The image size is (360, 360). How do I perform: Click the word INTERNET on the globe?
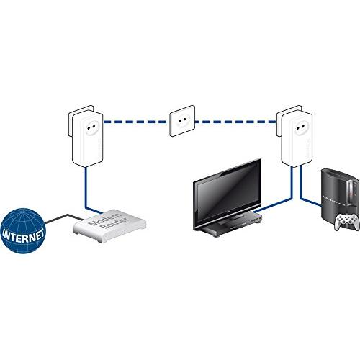click(23, 235)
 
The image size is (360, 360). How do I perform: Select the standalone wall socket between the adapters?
click(182, 121)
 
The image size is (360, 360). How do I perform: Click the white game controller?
click(347, 221)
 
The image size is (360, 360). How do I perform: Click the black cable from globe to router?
click(64, 218)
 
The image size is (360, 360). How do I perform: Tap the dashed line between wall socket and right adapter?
click(235, 122)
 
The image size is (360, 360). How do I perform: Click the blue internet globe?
click(23, 230)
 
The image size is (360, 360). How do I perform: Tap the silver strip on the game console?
click(351, 192)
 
